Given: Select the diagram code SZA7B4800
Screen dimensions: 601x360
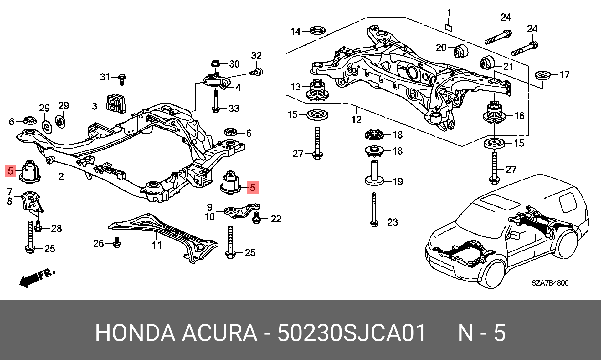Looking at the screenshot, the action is coord(550,283).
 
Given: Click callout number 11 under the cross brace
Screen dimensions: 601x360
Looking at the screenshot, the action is coord(157,245).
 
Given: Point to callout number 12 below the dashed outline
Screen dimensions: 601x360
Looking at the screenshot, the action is coord(356,119).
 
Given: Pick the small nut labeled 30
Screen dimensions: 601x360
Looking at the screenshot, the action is coord(215,63).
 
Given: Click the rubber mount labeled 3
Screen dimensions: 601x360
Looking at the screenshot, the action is coord(116,103).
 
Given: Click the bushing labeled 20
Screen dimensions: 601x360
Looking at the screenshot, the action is coord(460,51).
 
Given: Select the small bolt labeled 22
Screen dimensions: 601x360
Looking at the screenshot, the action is coord(256,218).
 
